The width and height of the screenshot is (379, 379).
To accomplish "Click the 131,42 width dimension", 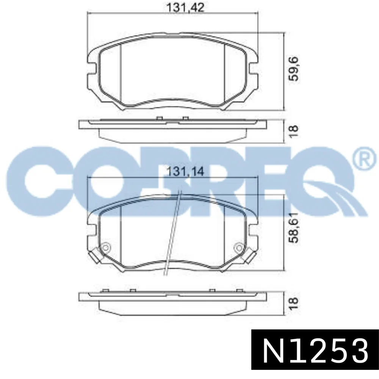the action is pyautogui.click(x=185, y=8).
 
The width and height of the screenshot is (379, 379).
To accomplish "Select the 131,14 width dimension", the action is pyautogui.click(x=185, y=172).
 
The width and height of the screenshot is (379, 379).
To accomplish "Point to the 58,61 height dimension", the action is pyautogui.click(x=294, y=228).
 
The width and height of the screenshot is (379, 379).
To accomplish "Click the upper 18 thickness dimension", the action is pyautogui.click(x=294, y=132).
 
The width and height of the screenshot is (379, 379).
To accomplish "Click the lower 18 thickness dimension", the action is pyautogui.click(x=294, y=304).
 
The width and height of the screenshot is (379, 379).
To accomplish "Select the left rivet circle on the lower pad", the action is pyautogui.click(x=106, y=248).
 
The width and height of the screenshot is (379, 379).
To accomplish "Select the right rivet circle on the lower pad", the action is pyautogui.click(x=239, y=248).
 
